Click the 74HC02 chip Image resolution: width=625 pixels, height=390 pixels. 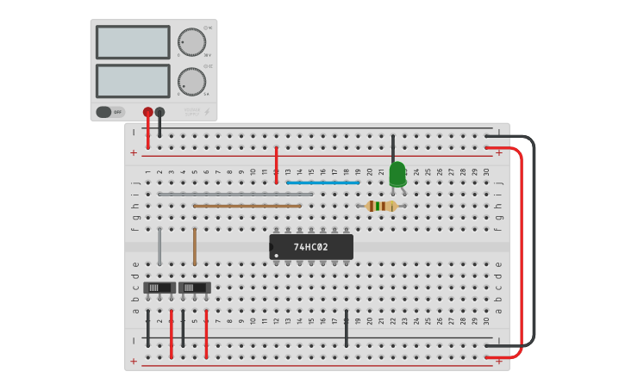pos(311,247)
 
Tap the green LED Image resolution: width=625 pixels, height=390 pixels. pos(397,174)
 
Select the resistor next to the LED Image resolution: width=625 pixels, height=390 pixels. pos(381,206)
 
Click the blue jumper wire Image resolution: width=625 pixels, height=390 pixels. pos(322,183)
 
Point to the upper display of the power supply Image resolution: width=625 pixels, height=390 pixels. pos(133,42)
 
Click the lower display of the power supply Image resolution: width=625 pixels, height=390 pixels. pos(133,81)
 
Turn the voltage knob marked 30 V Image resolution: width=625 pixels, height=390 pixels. pos(191,42)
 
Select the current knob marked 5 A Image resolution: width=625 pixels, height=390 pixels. pos(191,82)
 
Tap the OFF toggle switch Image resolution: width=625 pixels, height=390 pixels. pos(110,112)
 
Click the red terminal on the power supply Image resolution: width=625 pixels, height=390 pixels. pos(148,112)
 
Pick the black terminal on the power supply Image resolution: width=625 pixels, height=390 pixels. pos(159,112)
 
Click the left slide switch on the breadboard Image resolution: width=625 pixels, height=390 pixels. pos(159,287)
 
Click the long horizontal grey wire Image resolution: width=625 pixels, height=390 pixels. pos(234,195)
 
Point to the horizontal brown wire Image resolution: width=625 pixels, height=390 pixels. pos(247,206)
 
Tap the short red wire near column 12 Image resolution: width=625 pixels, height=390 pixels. pos(276,164)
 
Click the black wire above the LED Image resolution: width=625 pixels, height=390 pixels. pos(393,147)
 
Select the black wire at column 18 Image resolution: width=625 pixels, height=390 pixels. pos(347,328)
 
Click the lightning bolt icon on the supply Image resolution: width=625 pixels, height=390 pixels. pos(205,112)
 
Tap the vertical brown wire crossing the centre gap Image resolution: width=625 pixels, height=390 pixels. pos(195,246)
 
